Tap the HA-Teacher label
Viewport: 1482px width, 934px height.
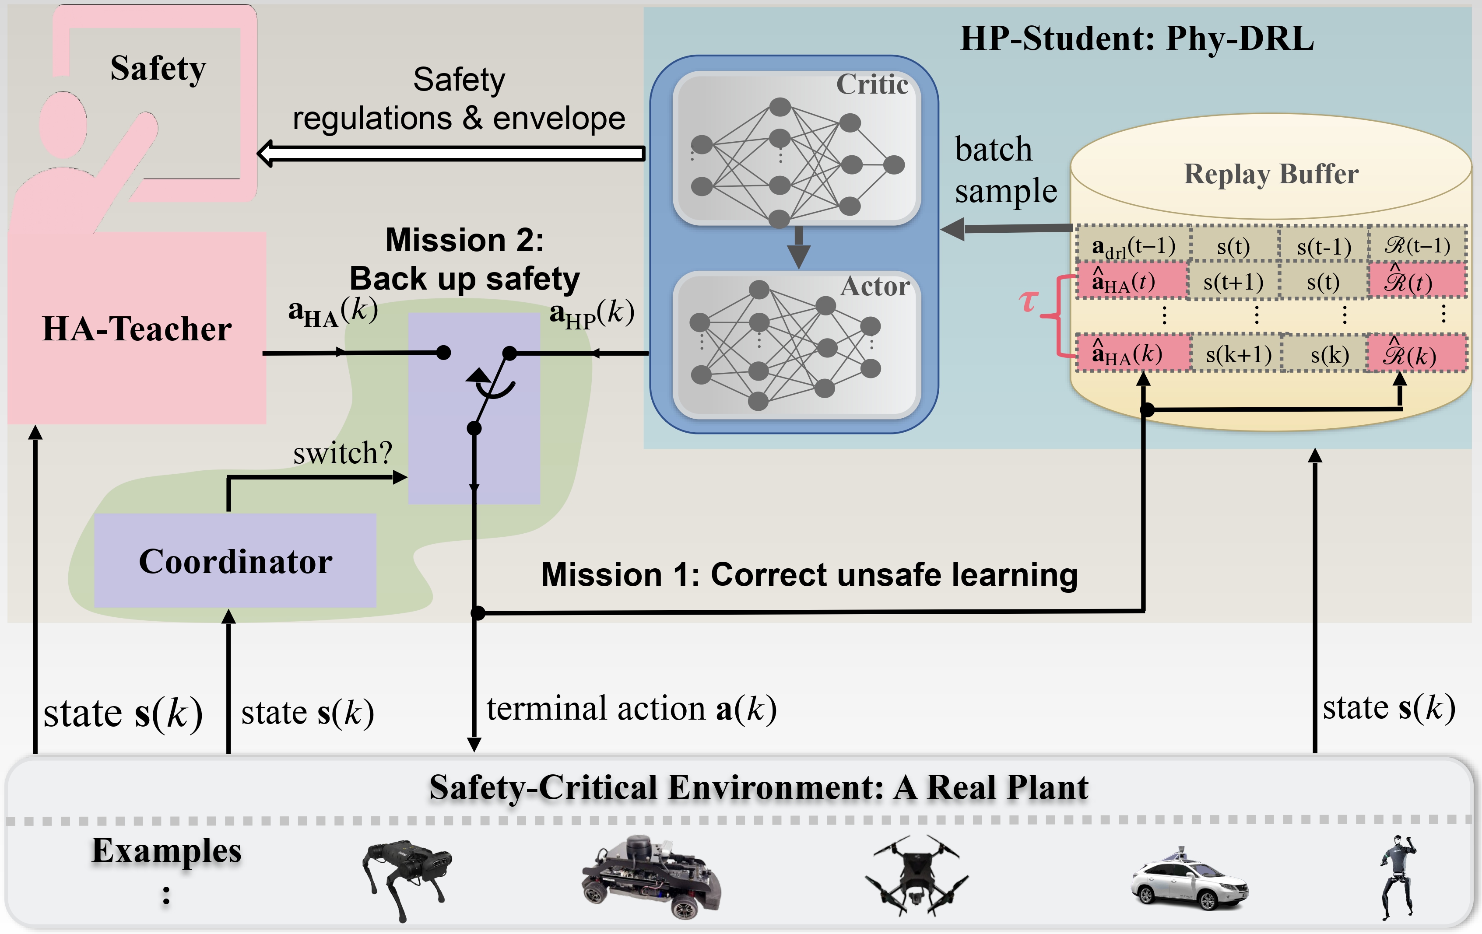137,329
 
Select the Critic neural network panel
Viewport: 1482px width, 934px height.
797,148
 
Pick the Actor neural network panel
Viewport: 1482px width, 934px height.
797,345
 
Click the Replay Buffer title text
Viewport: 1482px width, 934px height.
1271,174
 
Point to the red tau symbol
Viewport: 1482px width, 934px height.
1029,301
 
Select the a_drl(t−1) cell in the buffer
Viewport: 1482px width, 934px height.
1133,246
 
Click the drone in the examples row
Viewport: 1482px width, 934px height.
916,874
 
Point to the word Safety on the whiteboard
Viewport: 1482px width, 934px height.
158,68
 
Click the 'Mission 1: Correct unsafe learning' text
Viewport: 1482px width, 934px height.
809,575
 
